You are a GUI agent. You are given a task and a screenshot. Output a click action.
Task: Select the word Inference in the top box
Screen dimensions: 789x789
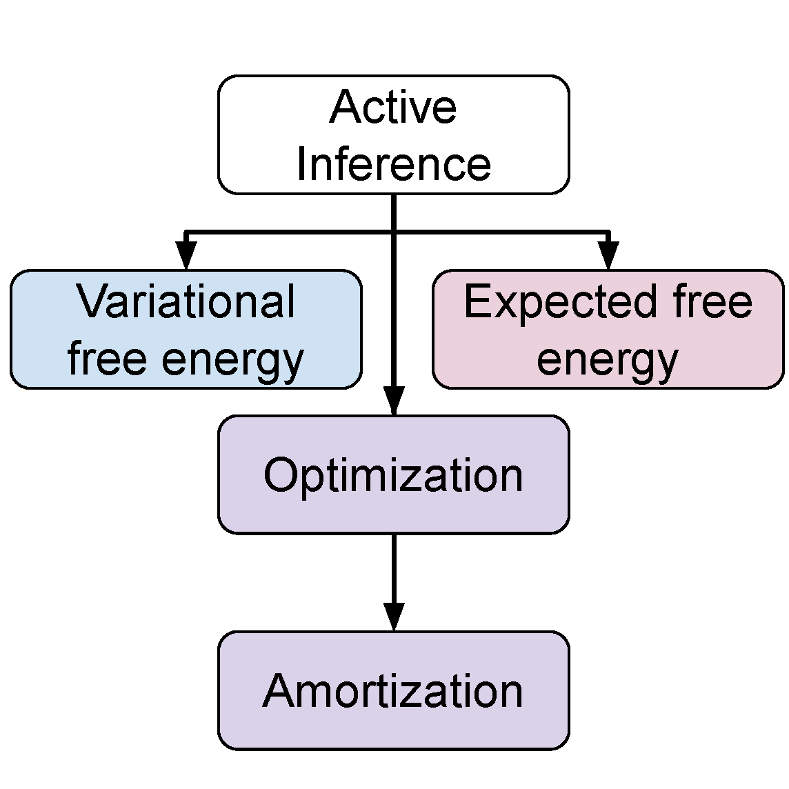393,164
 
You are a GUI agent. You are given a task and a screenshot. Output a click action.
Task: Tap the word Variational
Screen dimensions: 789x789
186,301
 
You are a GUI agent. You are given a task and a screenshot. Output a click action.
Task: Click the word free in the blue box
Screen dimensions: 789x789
107,359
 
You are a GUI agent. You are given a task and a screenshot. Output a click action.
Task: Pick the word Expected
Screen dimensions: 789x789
559,301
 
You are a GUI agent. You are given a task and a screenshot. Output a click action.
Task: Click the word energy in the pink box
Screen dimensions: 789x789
608,360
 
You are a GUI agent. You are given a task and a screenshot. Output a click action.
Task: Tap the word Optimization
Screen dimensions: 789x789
393,475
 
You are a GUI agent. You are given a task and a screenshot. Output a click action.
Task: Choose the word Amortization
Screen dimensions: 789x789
393,690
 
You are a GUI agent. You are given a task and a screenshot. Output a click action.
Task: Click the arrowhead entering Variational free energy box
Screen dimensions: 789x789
186,256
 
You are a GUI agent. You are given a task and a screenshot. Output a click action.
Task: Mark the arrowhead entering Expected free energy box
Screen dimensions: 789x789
608,256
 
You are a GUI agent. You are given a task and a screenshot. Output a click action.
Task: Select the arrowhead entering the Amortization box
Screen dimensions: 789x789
394,616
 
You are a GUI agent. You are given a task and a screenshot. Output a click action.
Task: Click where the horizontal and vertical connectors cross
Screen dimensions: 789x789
394,232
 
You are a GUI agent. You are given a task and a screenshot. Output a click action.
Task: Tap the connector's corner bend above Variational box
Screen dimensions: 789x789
186,232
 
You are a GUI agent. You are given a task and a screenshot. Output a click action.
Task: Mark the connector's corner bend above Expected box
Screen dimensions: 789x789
608,232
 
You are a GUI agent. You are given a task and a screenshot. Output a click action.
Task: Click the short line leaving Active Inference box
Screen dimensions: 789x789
394,212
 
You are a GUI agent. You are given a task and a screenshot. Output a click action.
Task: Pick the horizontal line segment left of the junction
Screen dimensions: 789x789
290,232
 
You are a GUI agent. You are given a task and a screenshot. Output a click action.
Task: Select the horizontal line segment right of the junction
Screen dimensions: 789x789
501,232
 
